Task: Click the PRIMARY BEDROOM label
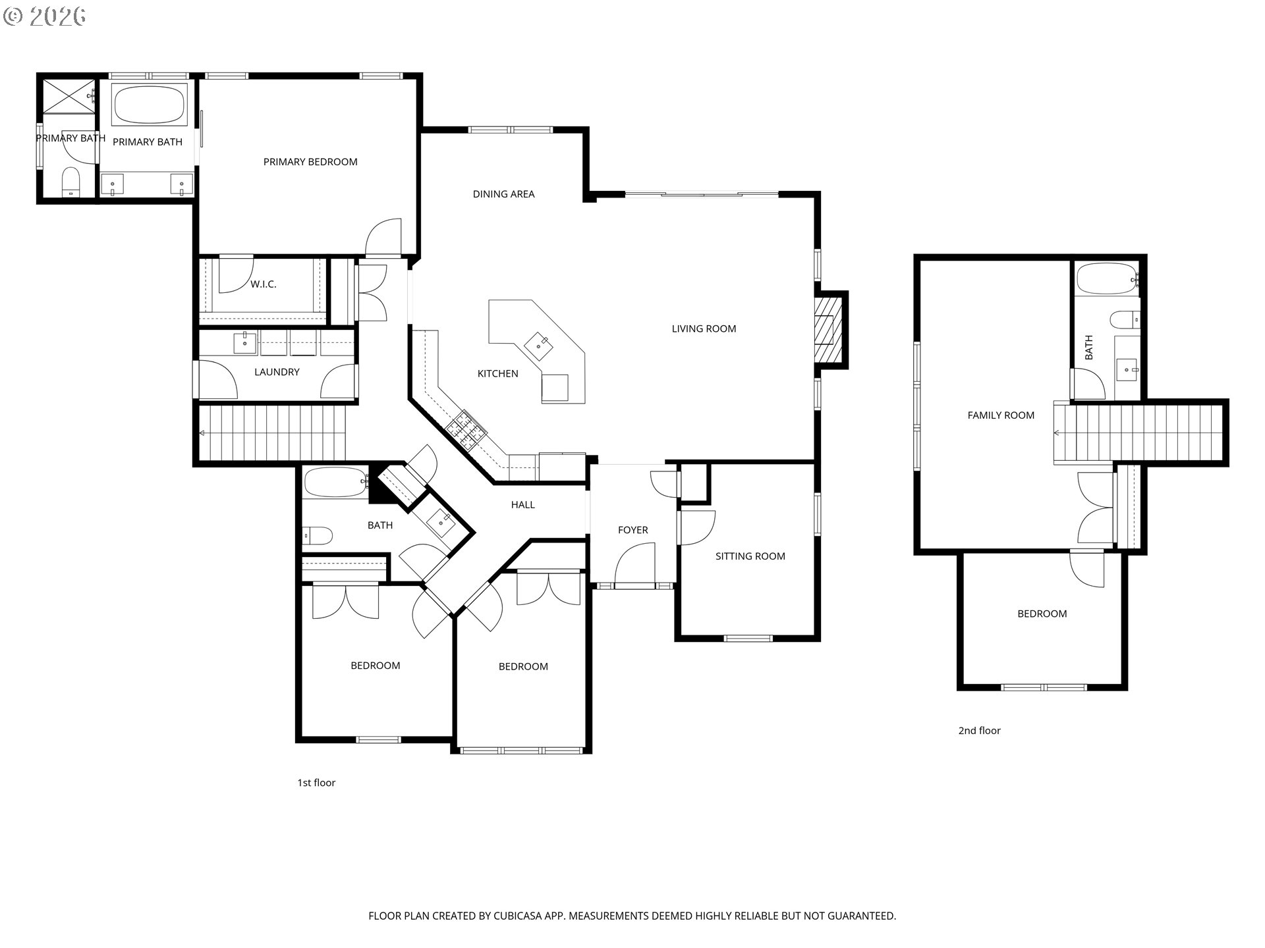pyautogui.click(x=310, y=162)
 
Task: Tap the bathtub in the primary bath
pyautogui.click(x=150, y=104)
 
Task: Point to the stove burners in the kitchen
pyautogui.click(x=466, y=429)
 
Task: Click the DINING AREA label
pyautogui.click(x=504, y=194)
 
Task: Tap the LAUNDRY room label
pyautogui.click(x=277, y=372)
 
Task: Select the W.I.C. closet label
pyautogui.click(x=263, y=284)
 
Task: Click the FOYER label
pyautogui.click(x=633, y=530)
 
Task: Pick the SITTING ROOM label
pyautogui.click(x=750, y=556)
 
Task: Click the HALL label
pyautogui.click(x=523, y=505)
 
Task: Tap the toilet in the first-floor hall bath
pyautogui.click(x=317, y=536)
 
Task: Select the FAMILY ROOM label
pyautogui.click(x=1001, y=415)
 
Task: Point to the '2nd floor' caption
pyautogui.click(x=980, y=731)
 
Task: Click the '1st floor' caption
pyautogui.click(x=316, y=783)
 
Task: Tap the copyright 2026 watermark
pyautogui.click(x=45, y=16)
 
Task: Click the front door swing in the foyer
pyautogui.click(x=634, y=564)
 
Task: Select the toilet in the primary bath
pyautogui.click(x=70, y=182)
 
